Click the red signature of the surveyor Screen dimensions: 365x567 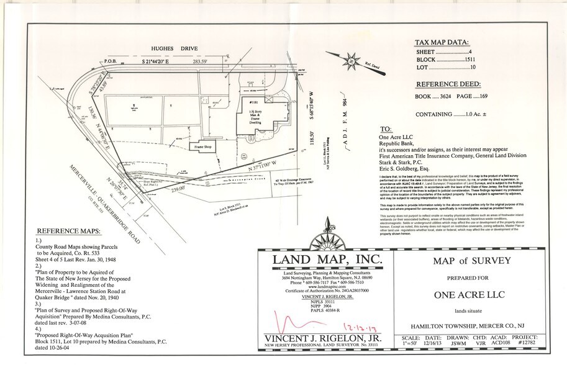(293, 323)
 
